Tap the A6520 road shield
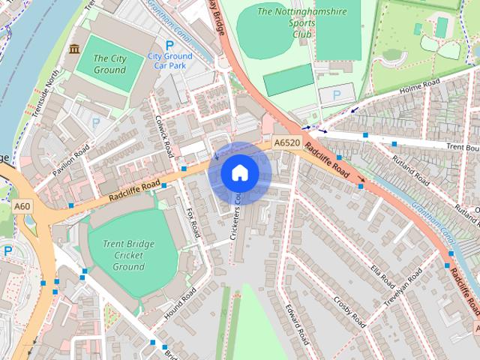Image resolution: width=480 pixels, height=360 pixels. coord(286,142)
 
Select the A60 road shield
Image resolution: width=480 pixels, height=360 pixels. coord(22,206)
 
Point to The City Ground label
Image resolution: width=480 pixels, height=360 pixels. coord(109,64)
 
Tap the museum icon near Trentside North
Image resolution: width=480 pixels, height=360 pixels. coord(73,49)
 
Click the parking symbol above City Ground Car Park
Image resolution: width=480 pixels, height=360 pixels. coord(169,45)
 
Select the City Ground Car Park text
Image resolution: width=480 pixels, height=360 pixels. coord(169,61)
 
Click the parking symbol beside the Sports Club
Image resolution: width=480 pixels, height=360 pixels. coord(335,94)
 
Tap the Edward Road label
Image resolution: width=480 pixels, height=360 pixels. coord(297,324)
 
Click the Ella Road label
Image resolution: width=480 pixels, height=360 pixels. coord(380,274)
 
